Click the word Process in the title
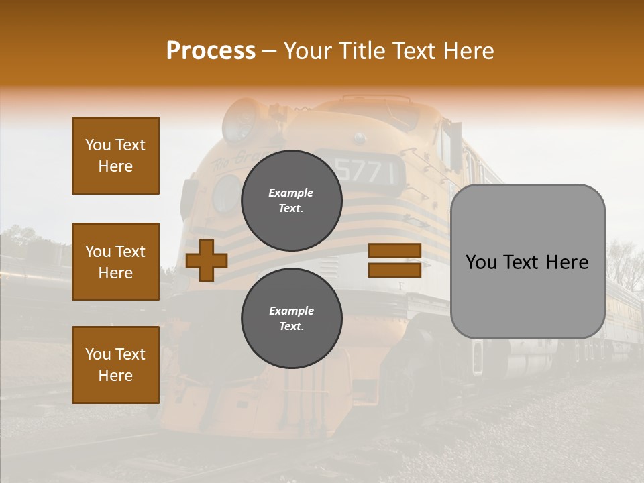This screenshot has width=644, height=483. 211,51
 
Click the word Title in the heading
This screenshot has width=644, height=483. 362,51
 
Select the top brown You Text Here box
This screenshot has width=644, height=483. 115,156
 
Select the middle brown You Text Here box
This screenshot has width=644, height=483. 115,262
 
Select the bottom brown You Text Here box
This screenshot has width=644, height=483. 115,365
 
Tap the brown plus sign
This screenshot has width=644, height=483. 207,260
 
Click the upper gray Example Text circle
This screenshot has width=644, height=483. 292,201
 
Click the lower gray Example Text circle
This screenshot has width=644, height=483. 292,319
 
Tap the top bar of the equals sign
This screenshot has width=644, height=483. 394,250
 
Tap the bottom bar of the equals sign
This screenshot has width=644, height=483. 394,270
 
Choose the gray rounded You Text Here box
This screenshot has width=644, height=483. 527,262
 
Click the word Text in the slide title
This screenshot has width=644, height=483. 414,51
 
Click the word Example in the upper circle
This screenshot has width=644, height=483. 291,193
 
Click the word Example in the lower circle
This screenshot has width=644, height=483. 291,311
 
